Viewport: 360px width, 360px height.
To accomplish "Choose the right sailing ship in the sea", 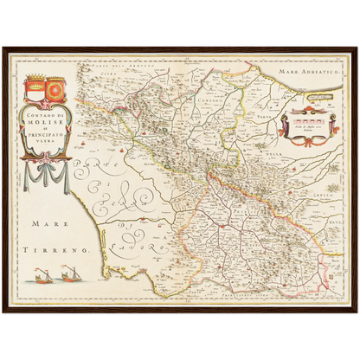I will tap(66, 276).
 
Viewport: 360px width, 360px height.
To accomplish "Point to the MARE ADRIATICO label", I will tap(316, 75).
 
